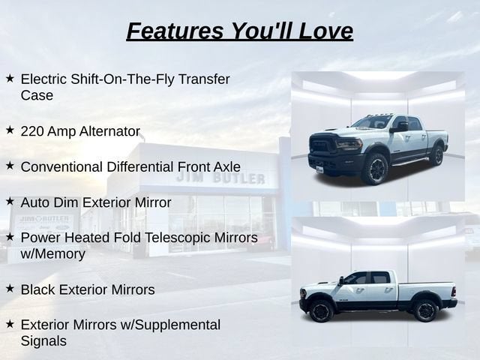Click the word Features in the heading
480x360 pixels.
175,31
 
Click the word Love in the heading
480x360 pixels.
325,31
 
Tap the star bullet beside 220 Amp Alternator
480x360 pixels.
10,130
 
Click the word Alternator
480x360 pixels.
109,131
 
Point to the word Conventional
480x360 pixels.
61,167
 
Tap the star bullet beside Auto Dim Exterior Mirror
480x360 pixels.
10,202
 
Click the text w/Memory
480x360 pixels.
53,254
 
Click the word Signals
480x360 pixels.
43,341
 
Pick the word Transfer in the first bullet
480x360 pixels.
204,79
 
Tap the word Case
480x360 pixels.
37,95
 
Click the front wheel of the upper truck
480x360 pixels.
374,169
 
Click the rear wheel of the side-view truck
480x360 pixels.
424,310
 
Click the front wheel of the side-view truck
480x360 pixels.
321,310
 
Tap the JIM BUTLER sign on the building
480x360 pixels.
220,178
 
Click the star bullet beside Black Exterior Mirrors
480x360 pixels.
10,288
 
